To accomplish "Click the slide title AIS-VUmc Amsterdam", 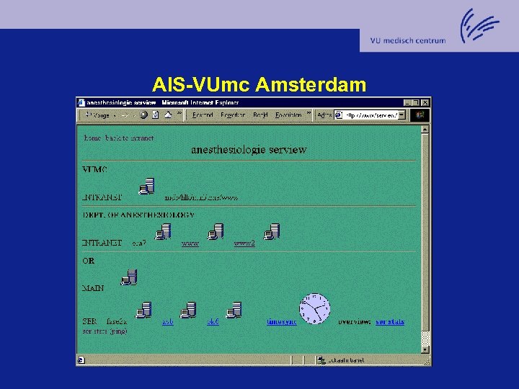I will click(259, 85).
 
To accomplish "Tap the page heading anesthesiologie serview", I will click(248, 150).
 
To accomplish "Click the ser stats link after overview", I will click(390, 321).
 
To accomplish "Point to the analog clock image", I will click(315, 308).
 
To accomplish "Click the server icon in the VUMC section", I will click(147, 187).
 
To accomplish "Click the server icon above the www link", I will click(216, 232).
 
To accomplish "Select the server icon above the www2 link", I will click(272, 232).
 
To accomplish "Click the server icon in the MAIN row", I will click(130, 277).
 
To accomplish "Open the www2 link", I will click(244, 243).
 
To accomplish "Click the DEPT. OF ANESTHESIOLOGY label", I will click(138, 215).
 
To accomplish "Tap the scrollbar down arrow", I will click(425, 349).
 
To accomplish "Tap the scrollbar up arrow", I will click(425, 130).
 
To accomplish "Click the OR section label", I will click(88, 261).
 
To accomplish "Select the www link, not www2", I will click(190, 243).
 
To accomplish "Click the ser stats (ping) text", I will click(105, 331).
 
